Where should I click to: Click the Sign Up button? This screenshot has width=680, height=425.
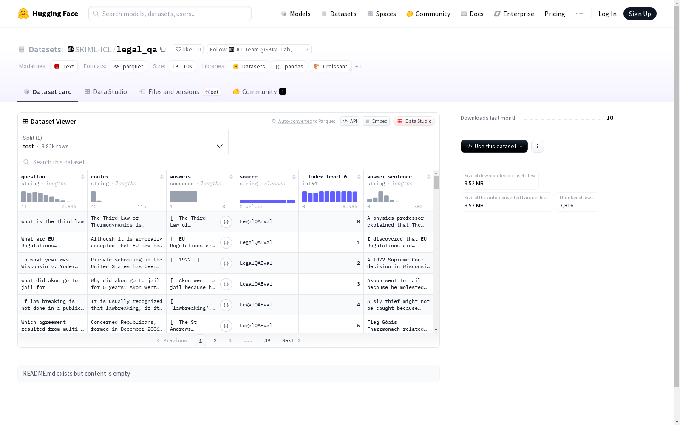(x=640, y=14)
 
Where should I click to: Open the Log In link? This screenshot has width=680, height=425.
(x=607, y=14)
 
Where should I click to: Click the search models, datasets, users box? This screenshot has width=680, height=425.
(x=170, y=14)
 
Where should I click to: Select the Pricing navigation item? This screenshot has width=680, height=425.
(x=554, y=14)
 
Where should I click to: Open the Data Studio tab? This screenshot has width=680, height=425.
(x=106, y=92)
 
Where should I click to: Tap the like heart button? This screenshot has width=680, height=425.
(x=184, y=49)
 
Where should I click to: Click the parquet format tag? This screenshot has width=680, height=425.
(x=128, y=66)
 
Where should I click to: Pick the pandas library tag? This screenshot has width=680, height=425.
(x=289, y=66)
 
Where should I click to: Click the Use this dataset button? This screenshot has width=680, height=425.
(x=494, y=146)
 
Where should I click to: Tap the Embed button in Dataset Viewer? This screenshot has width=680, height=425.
(x=376, y=121)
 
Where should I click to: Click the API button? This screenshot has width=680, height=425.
(x=350, y=121)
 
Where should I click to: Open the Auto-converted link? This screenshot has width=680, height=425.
(x=295, y=121)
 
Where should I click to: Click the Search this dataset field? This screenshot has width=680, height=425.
(x=228, y=162)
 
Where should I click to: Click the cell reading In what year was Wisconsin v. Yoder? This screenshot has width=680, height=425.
(x=53, y=263)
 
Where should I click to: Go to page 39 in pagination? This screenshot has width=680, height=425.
(x=267, y=340)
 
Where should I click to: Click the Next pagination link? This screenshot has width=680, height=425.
(x=291, y=340)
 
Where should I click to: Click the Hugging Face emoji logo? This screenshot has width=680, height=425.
(x=23, y=14)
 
